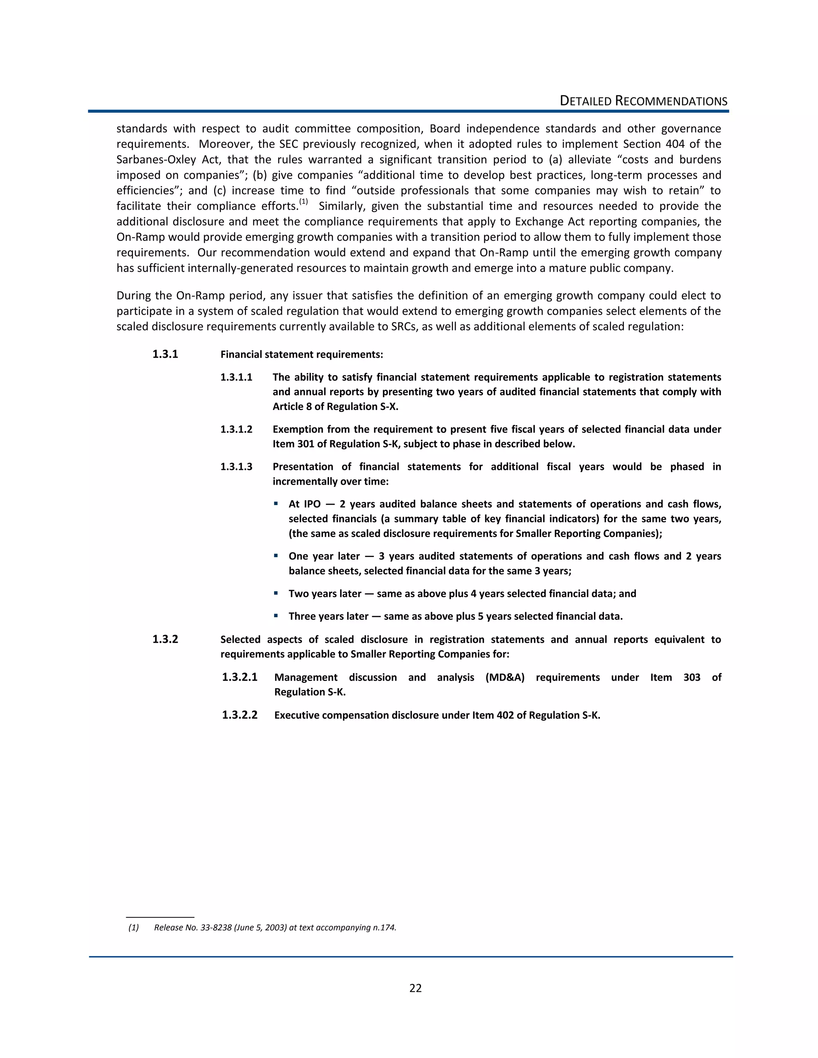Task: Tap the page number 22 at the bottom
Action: click(x=415, y=988)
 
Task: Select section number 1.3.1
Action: click(x=165, y=354)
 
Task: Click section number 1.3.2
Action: click(x=165, y=640)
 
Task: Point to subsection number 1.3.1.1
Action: click(x=236, y=377)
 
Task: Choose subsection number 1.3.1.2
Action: click(x=236, y=430)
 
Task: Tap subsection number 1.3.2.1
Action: click(x=239, y=677)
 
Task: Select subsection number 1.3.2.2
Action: click(x=239, y=715)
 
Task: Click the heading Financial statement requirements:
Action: click(x=302, y=355)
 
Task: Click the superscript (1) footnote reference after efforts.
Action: click(x=304, y=202)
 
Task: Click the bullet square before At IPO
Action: click(x=276, y=504)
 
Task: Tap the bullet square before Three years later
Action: click(x=276, y=616)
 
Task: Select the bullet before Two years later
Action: click(x=276, y=593)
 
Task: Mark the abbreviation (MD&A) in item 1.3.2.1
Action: click(x=504, y=677)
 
